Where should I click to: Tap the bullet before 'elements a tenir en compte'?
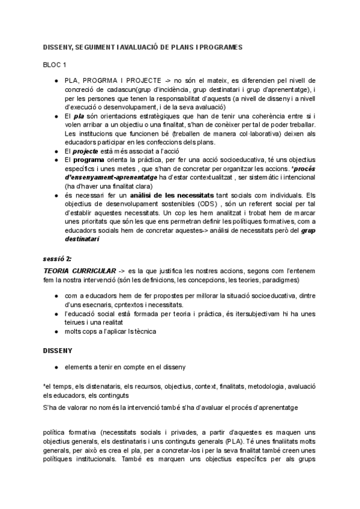click(x=56, y=367)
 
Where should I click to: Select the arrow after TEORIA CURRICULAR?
click(x=122, y=272)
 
